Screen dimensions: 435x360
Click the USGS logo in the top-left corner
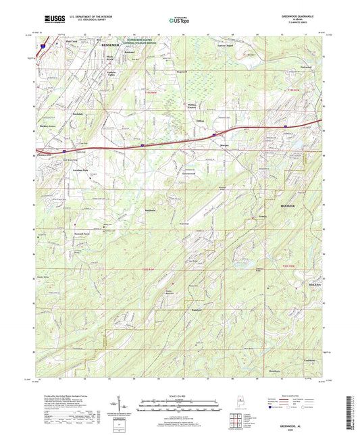pos(55,20)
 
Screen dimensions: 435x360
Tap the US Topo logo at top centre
pos(178,20)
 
